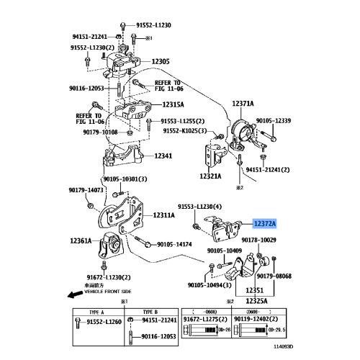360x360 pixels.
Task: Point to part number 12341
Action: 164,156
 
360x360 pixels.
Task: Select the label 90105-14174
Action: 174,245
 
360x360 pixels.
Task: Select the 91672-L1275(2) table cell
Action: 205,319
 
